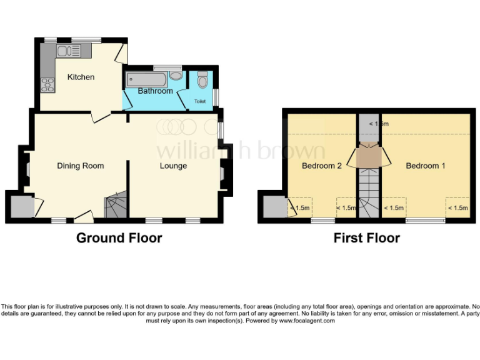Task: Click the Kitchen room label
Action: tap(81, 77)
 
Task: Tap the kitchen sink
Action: tap(65, 51)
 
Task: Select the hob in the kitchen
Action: tap(47, 82)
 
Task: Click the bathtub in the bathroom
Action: tap(147, 79)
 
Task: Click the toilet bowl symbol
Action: tap(202, 81)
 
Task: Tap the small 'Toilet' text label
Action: tap(199, 101)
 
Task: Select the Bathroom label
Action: tap(155, 91)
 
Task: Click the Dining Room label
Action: tap(80, 166)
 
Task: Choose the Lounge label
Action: tap(173, 166)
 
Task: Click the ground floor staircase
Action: tap(115, 205)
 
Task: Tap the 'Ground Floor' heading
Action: tap(119, 238)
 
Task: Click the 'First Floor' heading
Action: tap(366, 238)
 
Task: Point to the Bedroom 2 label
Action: tap(321, 166)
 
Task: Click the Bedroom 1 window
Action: tap(425, 221)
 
